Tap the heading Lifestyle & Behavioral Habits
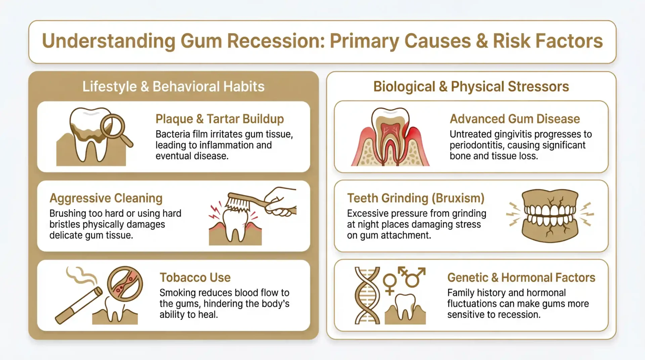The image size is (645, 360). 173,86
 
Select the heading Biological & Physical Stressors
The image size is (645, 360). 471,86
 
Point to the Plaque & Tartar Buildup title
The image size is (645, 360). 219,119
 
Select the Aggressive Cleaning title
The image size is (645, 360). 106,198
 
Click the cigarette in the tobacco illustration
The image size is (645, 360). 79,306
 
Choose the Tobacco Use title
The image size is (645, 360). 195,277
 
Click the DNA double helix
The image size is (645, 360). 367,295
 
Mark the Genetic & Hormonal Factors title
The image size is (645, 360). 521,277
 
